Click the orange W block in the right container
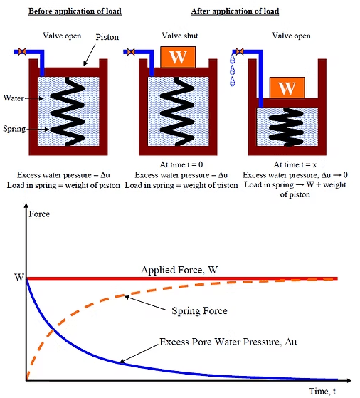click(287, 88)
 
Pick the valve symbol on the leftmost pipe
click(21, 51)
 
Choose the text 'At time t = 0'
click(180, 165)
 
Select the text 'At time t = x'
click(287, 165)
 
